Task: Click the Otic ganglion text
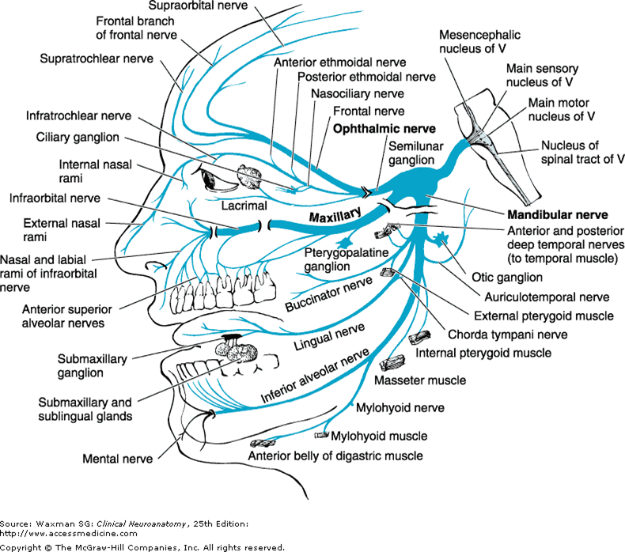pyautogui.click(x=506, y=278)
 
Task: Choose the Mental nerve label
pyautogui.click(x=119, y=458)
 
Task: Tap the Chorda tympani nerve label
pyautogui.click(x=496, y=334)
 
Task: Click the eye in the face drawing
pyautogui.click(x=215, y=179)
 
